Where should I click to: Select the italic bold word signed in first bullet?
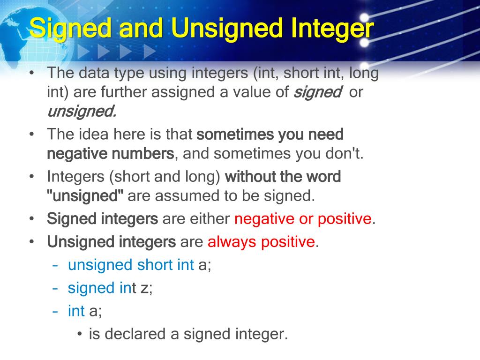[317, 92]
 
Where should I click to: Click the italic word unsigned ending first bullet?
[81, 112]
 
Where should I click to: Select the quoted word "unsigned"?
[85, 195]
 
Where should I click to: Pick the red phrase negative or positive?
[303, 219]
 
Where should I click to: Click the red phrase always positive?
[261, 242]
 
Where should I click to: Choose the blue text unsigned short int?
[131, 265]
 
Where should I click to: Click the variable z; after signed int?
[147, 287]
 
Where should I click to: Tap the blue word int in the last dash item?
[76, 310]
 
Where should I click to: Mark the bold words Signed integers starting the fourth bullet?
[103, 219]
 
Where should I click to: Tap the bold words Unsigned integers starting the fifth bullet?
[111, 242]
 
